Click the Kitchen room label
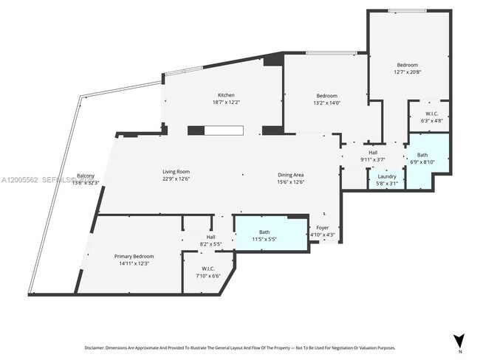(x=226, y=95)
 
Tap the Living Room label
(x=176, y=172)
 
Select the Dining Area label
(x=291, y=175)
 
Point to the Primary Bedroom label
(x=133, y=256)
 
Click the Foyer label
(x=323, y=228)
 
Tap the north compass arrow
(x=459, y=341)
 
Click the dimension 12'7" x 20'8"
(x=406, y=72)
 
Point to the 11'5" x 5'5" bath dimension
(x=264, y=240)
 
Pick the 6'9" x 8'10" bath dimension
(x=422, y=162)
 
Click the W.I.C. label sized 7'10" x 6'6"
(x=208, y=276)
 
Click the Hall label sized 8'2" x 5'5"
(x=210, y=243)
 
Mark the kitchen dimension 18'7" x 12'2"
(x=226, y=103)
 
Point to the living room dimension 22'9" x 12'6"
(x=176, y=179)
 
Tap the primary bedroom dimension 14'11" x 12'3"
(x=133, y=263)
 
